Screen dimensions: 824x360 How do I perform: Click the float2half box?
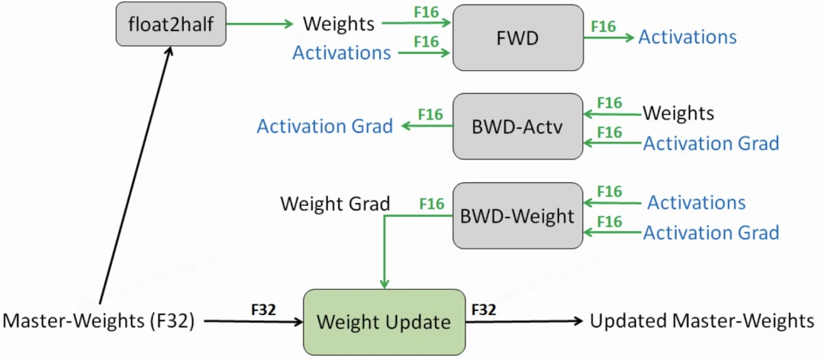pos(171,24)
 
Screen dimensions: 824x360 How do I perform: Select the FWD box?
pos(517,37)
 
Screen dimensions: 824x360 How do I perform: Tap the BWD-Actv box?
pos(517,126)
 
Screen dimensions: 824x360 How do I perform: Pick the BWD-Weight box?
pos(517,216)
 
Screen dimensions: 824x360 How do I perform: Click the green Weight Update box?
pos(384,322)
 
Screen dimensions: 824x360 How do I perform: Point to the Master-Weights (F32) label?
pos(98,321)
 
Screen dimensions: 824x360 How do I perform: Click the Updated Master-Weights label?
pos(702,320)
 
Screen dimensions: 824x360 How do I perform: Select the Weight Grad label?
pos(335,204)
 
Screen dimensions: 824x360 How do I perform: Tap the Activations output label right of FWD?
pos(687,37)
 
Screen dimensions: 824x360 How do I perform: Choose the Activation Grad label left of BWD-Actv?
pos(325,126)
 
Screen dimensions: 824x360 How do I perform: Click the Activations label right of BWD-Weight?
pos(697,202)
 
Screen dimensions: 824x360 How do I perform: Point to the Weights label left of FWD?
pos(339,24)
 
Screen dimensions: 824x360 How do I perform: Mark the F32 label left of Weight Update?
pos(262,310)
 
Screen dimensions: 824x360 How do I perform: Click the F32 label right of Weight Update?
pos(484,310)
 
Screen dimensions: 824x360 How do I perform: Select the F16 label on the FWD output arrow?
pos(604,26)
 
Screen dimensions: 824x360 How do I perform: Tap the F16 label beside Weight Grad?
pos(432,204)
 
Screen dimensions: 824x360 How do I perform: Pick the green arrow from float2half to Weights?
pos(260,24)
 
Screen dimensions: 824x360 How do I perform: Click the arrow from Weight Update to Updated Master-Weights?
pos(524,320)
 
